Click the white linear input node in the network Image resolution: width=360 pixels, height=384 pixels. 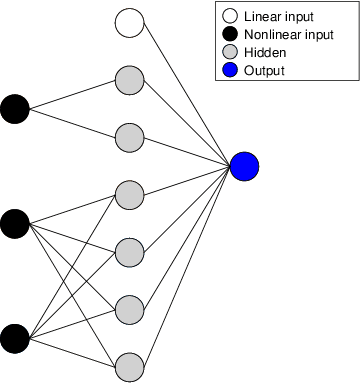tap(129, 21)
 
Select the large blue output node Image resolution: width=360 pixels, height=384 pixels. tap(244, 165)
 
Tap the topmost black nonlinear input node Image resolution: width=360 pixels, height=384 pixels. tap(14, 108)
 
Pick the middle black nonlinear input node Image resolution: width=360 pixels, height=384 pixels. tap(14, 223)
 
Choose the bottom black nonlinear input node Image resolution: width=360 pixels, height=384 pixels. tap(14, 339)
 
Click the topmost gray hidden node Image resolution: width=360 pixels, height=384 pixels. tap(129, 79)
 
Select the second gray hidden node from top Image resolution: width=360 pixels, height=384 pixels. tap(129, 136)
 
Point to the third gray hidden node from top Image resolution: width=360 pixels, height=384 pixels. tap(129, 194)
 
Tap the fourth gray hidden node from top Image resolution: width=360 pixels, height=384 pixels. tap(129, 252)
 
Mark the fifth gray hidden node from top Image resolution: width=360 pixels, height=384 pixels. tap(129, 310)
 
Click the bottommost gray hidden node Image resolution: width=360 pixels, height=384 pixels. tap(129, 367)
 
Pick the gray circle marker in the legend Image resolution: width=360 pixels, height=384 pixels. tap(228, 53)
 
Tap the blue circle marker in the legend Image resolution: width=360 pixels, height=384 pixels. tap(228, 70)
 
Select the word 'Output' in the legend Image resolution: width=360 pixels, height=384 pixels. tap(264, 70)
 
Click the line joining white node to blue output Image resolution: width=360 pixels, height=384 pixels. tap(187, 93)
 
